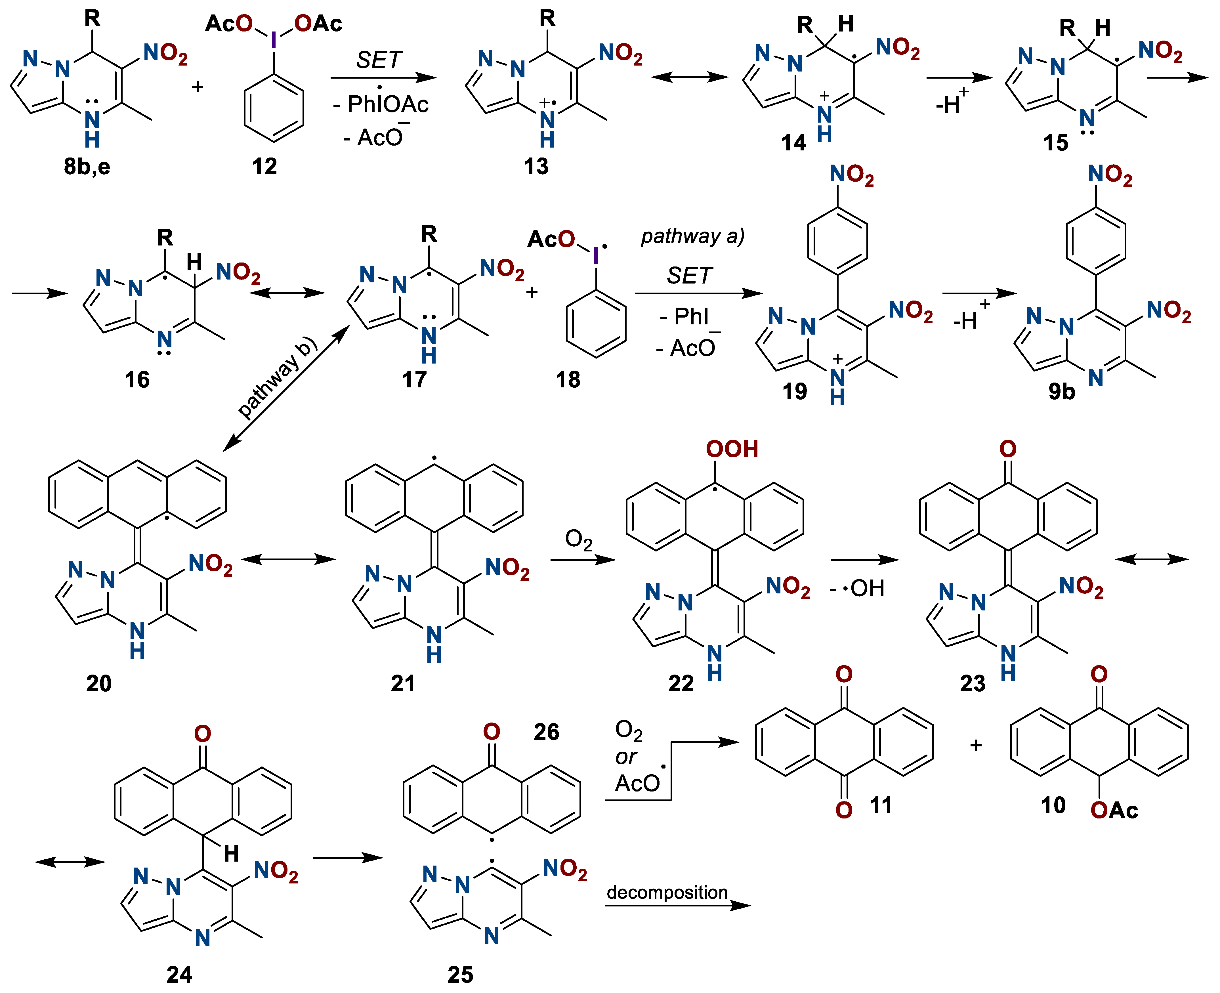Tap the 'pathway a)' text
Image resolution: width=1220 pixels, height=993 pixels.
click(x=692, y=236)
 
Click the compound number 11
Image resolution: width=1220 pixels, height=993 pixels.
click(x=881, y=805)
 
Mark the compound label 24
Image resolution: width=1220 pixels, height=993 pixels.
click(x=179, y=974)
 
